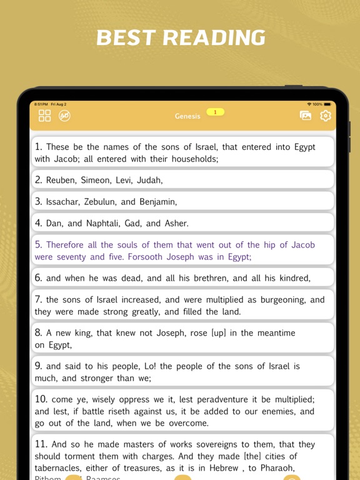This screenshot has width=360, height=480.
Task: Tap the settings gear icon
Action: point(325,116)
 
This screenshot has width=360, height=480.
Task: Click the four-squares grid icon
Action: point(44,116)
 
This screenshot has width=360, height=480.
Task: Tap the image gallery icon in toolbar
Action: point(306,116)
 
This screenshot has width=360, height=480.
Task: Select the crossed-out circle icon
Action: point(64,116)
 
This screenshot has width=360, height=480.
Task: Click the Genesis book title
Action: point(187,116)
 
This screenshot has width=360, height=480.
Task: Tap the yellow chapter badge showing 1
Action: point(215,112)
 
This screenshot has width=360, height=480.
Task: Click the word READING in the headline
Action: point(214,38)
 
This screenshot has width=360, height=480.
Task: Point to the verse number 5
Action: point(38,245)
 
